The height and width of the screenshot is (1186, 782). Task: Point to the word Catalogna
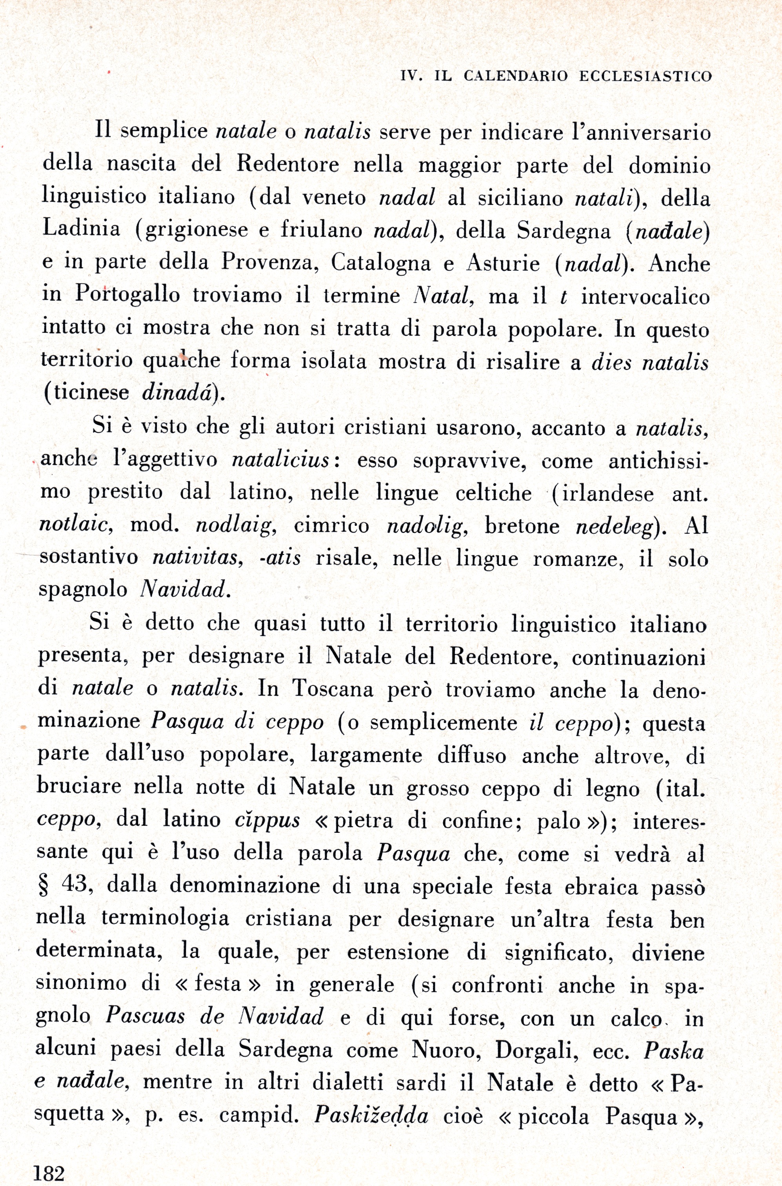(380, 263)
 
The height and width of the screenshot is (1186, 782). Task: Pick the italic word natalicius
(281, 460)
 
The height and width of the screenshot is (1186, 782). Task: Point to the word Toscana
(333, 689)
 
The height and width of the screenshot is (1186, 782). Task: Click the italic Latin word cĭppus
(267, 821)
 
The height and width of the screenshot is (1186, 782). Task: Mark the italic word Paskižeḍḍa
(371, 1116)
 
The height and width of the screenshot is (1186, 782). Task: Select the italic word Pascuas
(145, 1016)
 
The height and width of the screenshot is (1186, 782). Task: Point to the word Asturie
(503, 263)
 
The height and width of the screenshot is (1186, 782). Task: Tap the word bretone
(522, 525)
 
